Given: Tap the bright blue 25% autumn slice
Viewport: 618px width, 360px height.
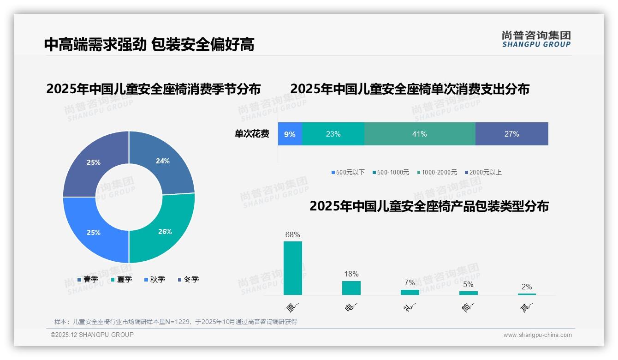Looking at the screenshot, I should point(94,232).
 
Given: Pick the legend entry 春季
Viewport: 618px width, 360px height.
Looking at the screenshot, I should point(88,279).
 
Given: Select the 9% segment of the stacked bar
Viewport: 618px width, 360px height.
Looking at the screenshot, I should point(290,134).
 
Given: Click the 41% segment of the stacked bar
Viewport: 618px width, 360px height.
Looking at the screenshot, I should point(419,134).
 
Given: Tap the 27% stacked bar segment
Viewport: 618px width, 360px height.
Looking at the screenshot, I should point(511,134).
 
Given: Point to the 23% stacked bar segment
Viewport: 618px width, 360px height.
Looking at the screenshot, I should point(333,134).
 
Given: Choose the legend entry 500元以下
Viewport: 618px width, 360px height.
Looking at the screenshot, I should point(348,172).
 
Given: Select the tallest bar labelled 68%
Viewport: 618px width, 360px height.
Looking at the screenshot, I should point(292,268).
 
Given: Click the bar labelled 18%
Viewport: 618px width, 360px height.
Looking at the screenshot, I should point(351,288).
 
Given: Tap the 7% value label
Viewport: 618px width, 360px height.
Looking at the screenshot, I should point(410,282).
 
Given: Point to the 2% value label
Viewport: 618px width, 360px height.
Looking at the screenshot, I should point(527,287).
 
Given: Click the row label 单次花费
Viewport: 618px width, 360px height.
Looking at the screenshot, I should point(252,134).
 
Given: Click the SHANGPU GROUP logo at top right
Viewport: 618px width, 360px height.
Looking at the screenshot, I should point(536,39).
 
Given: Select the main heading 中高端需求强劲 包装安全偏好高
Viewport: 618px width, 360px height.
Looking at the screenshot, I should point(149,44).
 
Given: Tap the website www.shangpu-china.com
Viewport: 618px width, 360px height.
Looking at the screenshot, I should point(537,335).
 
